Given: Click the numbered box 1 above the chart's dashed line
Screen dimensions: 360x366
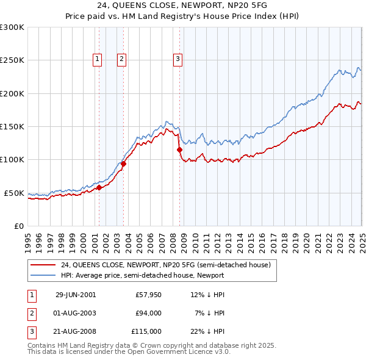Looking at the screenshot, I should pyautogui.click(x=98, y=59).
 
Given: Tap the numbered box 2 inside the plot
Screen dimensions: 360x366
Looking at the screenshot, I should pyautogui.click(x=122, y=59).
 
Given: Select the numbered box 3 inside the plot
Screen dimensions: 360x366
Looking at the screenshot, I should pyautogui.click(x=178, y=59).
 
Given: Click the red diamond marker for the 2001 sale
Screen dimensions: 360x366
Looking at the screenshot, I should pyautogui.click(x=99, y=187).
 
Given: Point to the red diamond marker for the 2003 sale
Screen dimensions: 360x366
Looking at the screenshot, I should pyautogui.click(x=123, y=164).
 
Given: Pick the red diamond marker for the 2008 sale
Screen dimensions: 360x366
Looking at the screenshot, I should pyautogui.click(x=179, y=149).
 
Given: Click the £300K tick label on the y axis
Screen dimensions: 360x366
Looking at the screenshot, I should pyautogui.click(x=12, y=27).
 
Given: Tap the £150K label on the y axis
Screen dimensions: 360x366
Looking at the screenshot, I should pyautogui.click(x=12, y=126).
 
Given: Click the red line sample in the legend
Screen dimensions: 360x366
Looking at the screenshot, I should pyautogui.click(x=43, y=265).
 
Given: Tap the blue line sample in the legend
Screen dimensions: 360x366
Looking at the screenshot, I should pyautogui.click(x=43, y=275).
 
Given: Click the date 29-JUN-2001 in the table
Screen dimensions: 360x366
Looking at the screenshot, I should pyautogui.click(x=76, y=295).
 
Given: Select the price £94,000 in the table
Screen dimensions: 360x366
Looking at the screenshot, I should pyautogui.click(x=148, y=313).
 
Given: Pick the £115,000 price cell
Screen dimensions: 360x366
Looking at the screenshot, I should pyautogui.click(x=146, y=331).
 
